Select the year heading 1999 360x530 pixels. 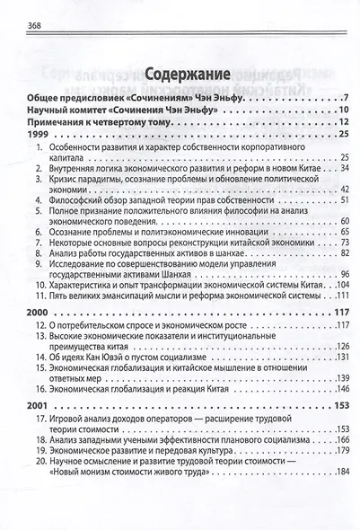[17, 134]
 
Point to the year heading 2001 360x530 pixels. [17, 404]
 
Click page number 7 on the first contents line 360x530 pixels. [345, 96]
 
